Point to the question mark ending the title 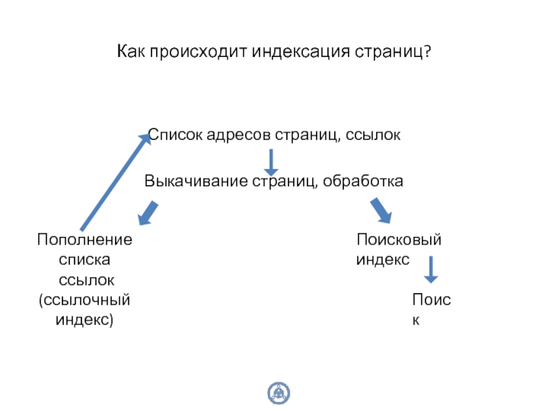(427, 52)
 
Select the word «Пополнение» (85, 240)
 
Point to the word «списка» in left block (85, 260)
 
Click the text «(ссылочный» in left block (85, 300)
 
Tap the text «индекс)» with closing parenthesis (85, 320)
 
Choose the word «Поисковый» (399, 240)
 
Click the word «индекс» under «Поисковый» (383, 260)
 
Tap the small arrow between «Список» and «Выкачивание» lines (271, 161)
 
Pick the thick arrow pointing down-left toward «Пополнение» (147, 213)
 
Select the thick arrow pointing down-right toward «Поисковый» (381, 211)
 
